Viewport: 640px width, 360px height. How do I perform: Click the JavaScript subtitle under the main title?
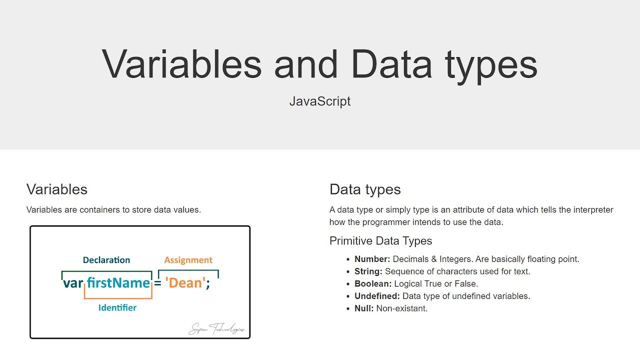[x=320, y=101]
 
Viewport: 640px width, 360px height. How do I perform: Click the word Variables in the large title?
[x=181, y=64]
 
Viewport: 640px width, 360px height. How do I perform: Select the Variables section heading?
[x=57, y=189]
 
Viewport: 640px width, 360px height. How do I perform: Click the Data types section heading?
[x=365, y=189]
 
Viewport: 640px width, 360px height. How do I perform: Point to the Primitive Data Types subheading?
[x=380, y=241]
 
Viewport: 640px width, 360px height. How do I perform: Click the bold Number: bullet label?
[x=372, y=259]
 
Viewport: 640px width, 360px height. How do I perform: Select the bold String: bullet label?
[x=368, y=271]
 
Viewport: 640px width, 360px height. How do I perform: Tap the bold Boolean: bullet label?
[x=373, y=284]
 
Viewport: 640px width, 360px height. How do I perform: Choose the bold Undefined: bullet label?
[x=377, y=296]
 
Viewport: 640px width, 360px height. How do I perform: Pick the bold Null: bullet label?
[x=364, y=308]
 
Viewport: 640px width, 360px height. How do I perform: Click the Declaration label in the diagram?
[x=106, y=260]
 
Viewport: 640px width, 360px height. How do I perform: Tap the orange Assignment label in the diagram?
[x=188, y=260]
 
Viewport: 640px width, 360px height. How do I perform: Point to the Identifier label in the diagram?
[x=117, y=307]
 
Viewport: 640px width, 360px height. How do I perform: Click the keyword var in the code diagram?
[x=73, y=283]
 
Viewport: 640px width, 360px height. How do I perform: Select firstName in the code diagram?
[x=118, y=283]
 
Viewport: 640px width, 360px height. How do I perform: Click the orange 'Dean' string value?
[x=185, y=283]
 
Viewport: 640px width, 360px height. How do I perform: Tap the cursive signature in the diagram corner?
[x=216, y=328]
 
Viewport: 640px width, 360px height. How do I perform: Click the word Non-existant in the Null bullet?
[x=401, y=308]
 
